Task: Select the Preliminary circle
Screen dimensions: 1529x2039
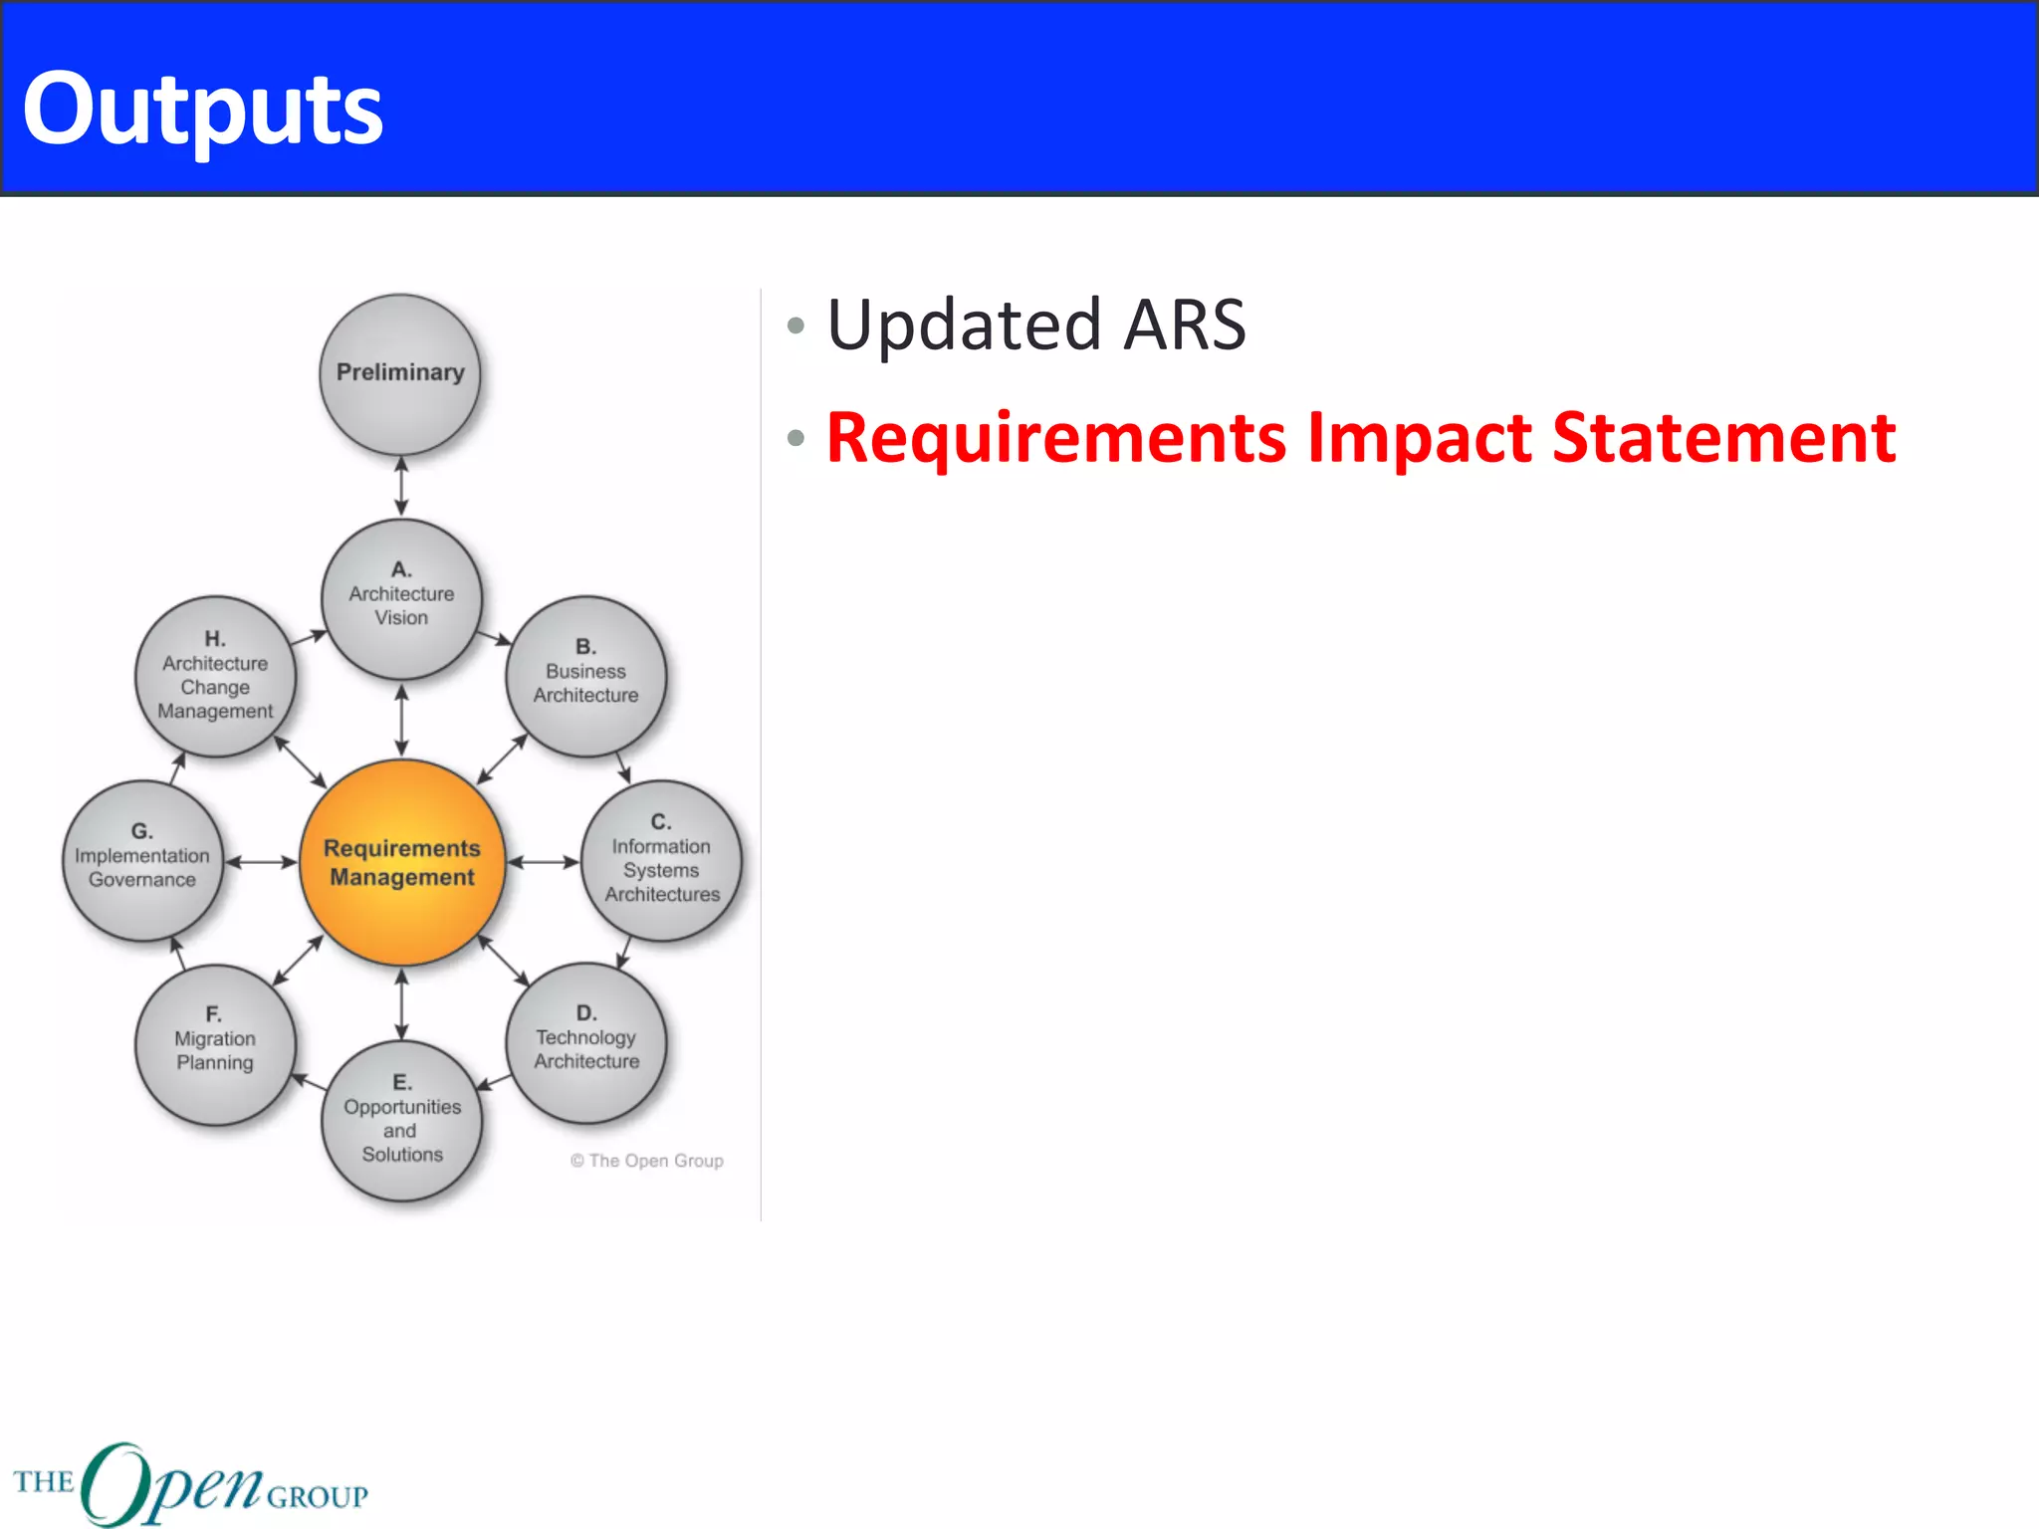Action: [400, 373]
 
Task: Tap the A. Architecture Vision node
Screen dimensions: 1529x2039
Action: [401, 597]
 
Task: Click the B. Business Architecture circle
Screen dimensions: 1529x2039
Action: [586, 675]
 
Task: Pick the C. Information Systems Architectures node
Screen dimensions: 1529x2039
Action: [661, 861]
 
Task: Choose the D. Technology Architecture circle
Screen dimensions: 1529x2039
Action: [586, 1041]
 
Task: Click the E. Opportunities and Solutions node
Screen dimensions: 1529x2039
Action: [402, 1119]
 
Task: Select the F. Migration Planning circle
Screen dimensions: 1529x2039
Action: [215, 1042]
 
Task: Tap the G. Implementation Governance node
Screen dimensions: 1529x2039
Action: [142, 859]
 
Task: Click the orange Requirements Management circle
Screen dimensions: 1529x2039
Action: [402, 862]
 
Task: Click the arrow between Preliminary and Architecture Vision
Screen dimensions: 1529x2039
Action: [401, 487]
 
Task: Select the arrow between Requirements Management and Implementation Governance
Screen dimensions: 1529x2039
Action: [261, 862]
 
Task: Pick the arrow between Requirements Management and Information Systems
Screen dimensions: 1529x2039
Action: [543, 862]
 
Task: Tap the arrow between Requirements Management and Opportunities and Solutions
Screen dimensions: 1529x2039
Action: [401, 1003]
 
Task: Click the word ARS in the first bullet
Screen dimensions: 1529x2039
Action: [1184, 326]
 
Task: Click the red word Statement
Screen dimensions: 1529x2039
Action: [1723, 438]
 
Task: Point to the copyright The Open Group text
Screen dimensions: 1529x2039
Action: [647, 1161]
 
